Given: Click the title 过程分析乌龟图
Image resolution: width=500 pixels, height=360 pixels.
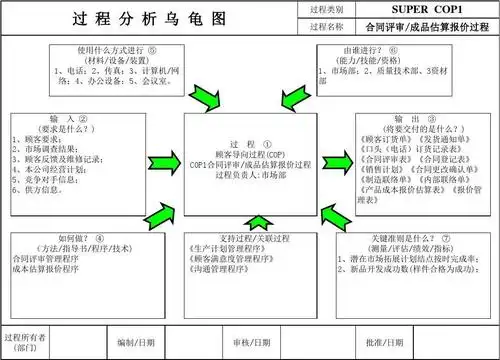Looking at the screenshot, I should coord(150,19).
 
